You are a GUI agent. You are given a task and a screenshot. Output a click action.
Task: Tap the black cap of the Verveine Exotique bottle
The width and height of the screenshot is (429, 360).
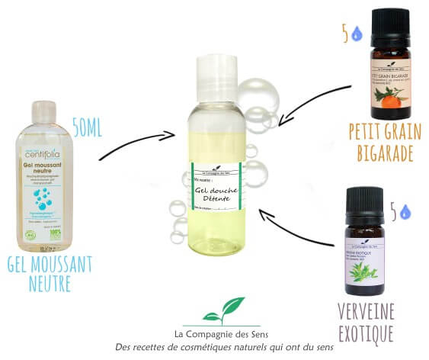[363, 201]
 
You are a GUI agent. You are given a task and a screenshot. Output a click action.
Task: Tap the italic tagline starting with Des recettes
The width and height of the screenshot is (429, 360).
[214, 347]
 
